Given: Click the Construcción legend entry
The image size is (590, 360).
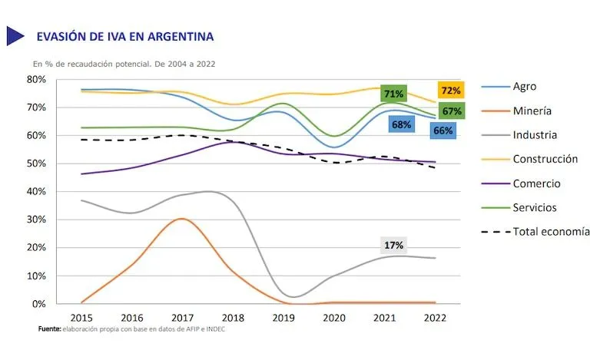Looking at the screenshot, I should tap(549, 159).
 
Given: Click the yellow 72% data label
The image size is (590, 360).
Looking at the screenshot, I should tap(449, 91).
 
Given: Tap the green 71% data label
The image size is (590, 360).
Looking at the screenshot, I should tap(393, 94).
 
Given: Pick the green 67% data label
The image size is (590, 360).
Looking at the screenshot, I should tap(452, 111).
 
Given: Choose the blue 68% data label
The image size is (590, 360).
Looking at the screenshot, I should tap(399, 124).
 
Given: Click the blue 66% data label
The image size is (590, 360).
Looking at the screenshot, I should tap(442, 130).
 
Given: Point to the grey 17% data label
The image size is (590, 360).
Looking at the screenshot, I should tap(394, 245).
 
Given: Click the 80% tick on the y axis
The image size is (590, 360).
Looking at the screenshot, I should tap(36, 79).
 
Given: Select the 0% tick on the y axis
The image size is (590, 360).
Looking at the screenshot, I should tap(39, 304).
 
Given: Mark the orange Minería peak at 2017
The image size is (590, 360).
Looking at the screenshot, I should tap(181, 219).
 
